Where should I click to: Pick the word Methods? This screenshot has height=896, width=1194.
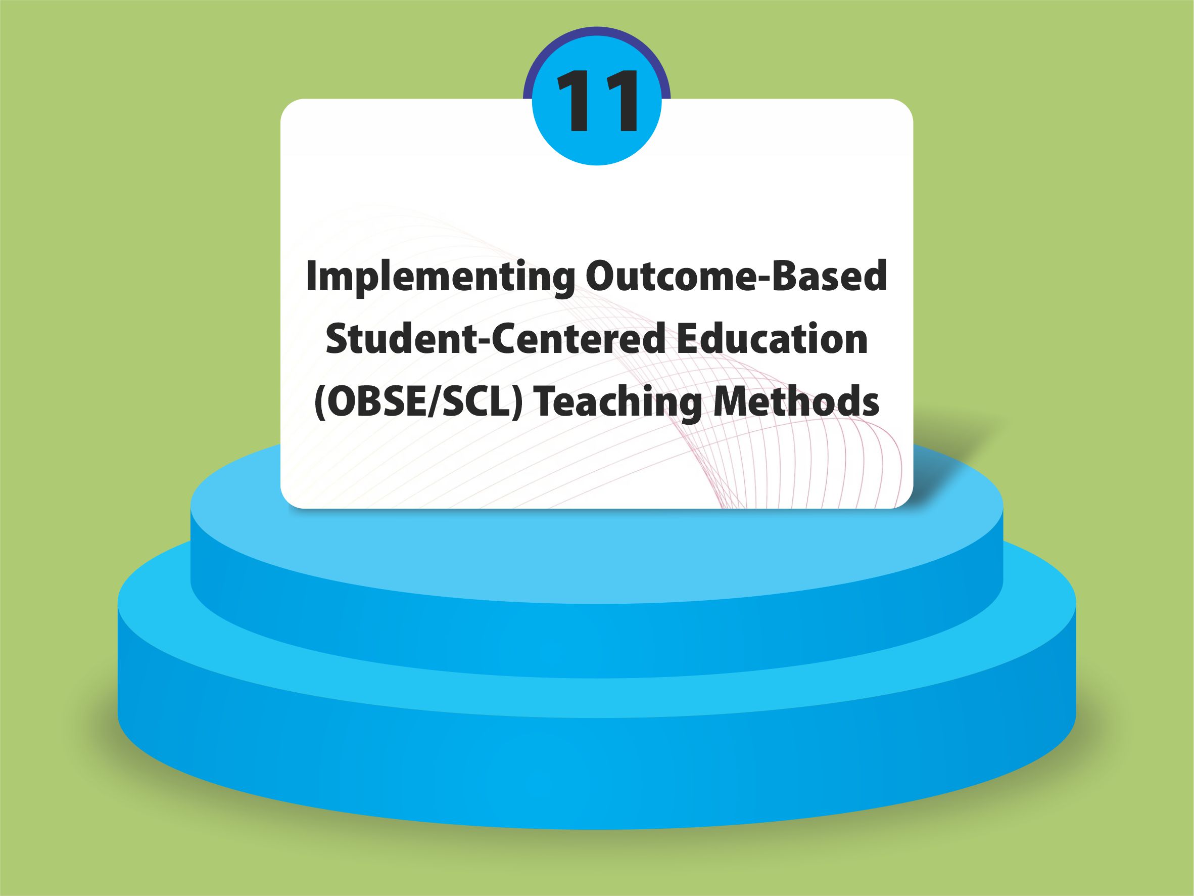click(797, 402)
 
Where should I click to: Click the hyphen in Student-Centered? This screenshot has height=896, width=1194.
click(482, 343)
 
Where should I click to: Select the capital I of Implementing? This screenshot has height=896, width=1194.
click(312, 276)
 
